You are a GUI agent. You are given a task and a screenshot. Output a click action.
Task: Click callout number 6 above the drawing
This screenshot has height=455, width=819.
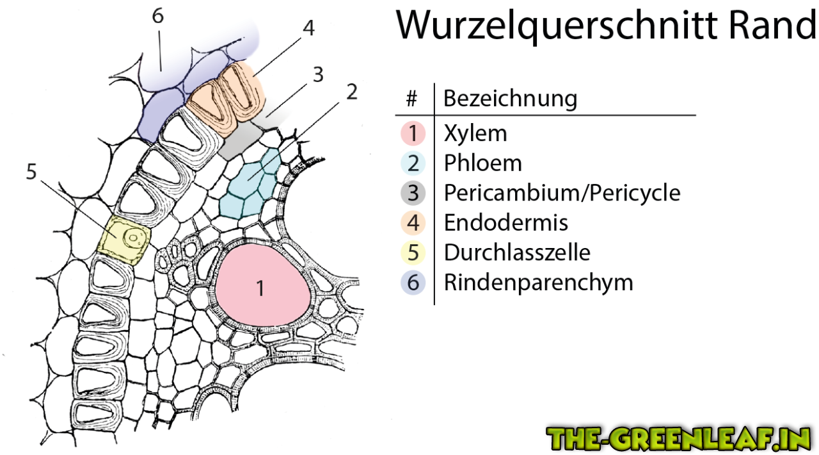[x=157, y=17]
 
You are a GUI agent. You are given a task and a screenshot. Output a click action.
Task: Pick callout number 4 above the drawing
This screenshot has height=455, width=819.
[x=308, y=28]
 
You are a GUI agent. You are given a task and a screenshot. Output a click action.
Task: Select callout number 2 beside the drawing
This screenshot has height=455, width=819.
[x=350, y=92]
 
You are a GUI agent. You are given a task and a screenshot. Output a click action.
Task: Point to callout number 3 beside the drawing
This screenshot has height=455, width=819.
[x=318, y=75]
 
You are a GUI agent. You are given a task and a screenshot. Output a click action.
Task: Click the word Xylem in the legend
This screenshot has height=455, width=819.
[x=475, y=133]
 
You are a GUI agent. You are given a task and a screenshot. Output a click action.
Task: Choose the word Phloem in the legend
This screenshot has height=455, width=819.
[x=482, y=163]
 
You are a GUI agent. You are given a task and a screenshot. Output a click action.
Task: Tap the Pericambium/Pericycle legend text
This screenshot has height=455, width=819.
[x=562, y=192]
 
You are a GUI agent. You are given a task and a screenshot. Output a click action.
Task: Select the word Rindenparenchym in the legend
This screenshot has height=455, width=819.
[x=538, y=282]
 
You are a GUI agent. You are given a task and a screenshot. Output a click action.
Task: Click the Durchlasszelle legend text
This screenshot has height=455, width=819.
[x=517, y=252]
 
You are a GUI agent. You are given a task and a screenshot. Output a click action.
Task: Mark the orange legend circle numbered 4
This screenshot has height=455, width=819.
[x=413, y=223]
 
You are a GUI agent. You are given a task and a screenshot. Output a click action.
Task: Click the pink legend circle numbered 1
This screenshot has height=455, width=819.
[x=413, y=134]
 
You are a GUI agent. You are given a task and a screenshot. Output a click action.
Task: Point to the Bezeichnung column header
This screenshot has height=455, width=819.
[x=510, y=99]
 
